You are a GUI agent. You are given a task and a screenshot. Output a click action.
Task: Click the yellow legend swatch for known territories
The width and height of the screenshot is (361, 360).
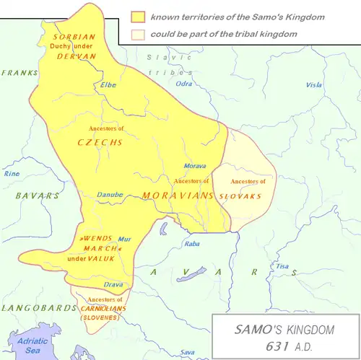point(137,17)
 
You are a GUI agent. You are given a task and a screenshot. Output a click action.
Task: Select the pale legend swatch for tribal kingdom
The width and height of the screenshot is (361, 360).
point(137,34)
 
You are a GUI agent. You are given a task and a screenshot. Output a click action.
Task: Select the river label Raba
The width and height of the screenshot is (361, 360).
point(193,244)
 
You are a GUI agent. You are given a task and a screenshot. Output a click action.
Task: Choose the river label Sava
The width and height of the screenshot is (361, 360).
point(188,352)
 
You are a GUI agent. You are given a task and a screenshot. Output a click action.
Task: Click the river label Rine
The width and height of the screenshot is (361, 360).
point(12,174)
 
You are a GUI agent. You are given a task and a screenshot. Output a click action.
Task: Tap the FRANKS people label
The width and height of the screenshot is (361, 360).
point(19,73)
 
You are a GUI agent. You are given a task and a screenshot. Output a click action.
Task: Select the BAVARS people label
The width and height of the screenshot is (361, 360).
point(38,196)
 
